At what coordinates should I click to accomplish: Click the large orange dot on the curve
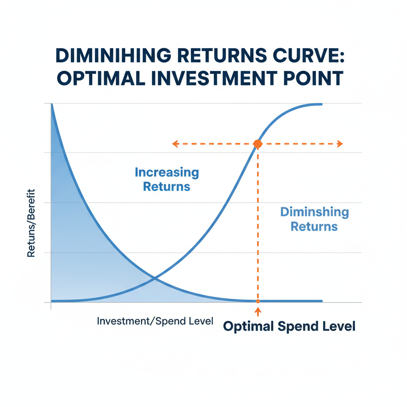[x=258, y=143]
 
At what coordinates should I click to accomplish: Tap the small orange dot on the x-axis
[x=258, y=301]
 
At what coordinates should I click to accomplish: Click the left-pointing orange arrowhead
[x=175, y=143]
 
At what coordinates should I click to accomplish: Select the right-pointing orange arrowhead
[x=340, y=143]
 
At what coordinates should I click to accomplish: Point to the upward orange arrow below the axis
[x=258, y=312]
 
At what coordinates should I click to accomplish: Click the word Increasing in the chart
[x=167, y=172]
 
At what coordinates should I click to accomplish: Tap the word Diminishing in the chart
[x=315, y=212]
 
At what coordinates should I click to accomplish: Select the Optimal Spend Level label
[x=289, y=326]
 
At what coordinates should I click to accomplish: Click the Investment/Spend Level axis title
[x=155, y=321]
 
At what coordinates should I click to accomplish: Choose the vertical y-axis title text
[x=31, y=223]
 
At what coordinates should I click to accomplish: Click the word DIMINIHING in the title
[x=113, y=56]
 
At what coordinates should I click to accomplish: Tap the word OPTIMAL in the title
[x=101, y=78]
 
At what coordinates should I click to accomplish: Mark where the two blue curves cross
[x=155, y=279]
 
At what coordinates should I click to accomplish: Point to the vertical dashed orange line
[x=258, y=223]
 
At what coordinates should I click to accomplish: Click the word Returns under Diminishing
[x=314, y=227]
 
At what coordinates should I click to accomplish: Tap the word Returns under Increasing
[x=167, y=187]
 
